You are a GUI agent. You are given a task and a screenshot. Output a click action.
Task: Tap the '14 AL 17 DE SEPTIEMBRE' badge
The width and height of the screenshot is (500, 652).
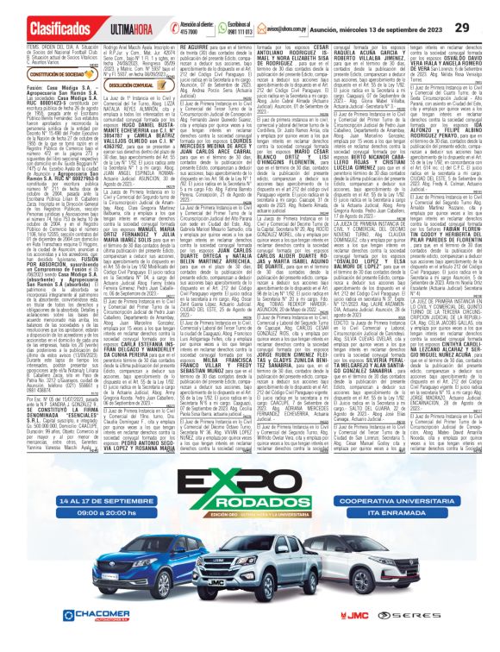(82, 526)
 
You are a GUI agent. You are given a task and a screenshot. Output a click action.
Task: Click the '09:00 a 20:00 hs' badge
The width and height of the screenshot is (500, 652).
(82, 545)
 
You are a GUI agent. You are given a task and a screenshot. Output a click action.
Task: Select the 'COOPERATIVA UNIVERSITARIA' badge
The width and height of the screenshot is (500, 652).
(416, 526)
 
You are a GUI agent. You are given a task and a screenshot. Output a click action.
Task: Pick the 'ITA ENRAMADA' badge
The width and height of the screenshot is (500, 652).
(416, 545)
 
